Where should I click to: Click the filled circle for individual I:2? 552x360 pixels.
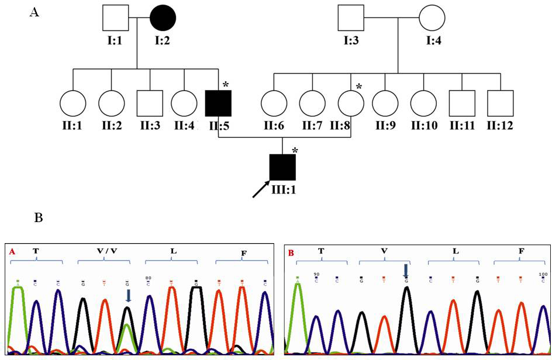(x=163, y=18)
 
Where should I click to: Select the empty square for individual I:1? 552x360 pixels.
(x=115, y=18)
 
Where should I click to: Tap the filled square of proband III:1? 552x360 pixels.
(x=282, y=167)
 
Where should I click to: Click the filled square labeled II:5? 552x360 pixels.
(x=218, y=103)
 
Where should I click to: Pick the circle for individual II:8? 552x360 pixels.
(x=350, y=103)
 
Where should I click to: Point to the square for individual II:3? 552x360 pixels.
(x=150, y=103)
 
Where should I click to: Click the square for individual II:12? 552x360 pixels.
(x=501, y=103)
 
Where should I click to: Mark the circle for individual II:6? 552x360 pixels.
(x=274, y=103)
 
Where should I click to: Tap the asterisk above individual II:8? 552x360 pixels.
(x=359, y=87)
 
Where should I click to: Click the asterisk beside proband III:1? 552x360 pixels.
(x=295, y=151)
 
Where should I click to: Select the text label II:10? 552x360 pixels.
(x=425, y=126)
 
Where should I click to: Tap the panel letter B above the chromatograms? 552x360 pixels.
(x=39, y=218)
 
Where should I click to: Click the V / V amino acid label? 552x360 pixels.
(x=107, y=251)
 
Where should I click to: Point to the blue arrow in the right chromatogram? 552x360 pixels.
(x=405, y=271)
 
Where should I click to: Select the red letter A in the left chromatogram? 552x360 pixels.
(x=12, y=252)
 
